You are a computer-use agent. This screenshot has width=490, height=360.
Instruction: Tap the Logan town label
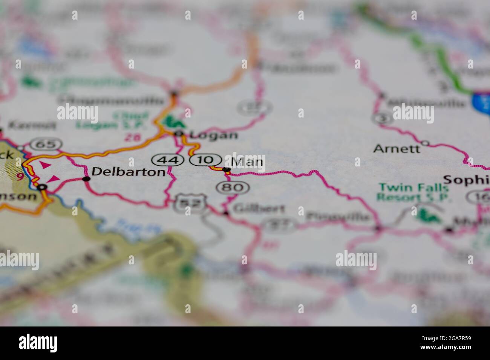[213, 135]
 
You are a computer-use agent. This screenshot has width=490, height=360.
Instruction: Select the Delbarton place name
[129, 172]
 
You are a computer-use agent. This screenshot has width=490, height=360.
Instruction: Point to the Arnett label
[397, 149]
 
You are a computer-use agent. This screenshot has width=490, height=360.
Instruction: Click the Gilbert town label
[259, 208]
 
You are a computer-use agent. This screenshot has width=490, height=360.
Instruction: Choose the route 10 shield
[205, 160]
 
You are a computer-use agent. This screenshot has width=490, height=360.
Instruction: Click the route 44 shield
[167, 160]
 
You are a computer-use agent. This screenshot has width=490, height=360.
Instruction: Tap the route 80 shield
[233, 187]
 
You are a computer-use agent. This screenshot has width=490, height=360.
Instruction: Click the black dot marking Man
[227, 170]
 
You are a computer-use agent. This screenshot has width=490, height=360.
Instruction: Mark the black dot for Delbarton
[86, 179]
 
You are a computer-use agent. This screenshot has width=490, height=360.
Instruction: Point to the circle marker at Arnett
[426, 143]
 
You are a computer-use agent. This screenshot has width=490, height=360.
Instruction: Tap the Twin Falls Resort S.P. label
[413, 192]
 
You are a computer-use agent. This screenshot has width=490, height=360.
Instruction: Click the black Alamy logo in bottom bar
[38, 343]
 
